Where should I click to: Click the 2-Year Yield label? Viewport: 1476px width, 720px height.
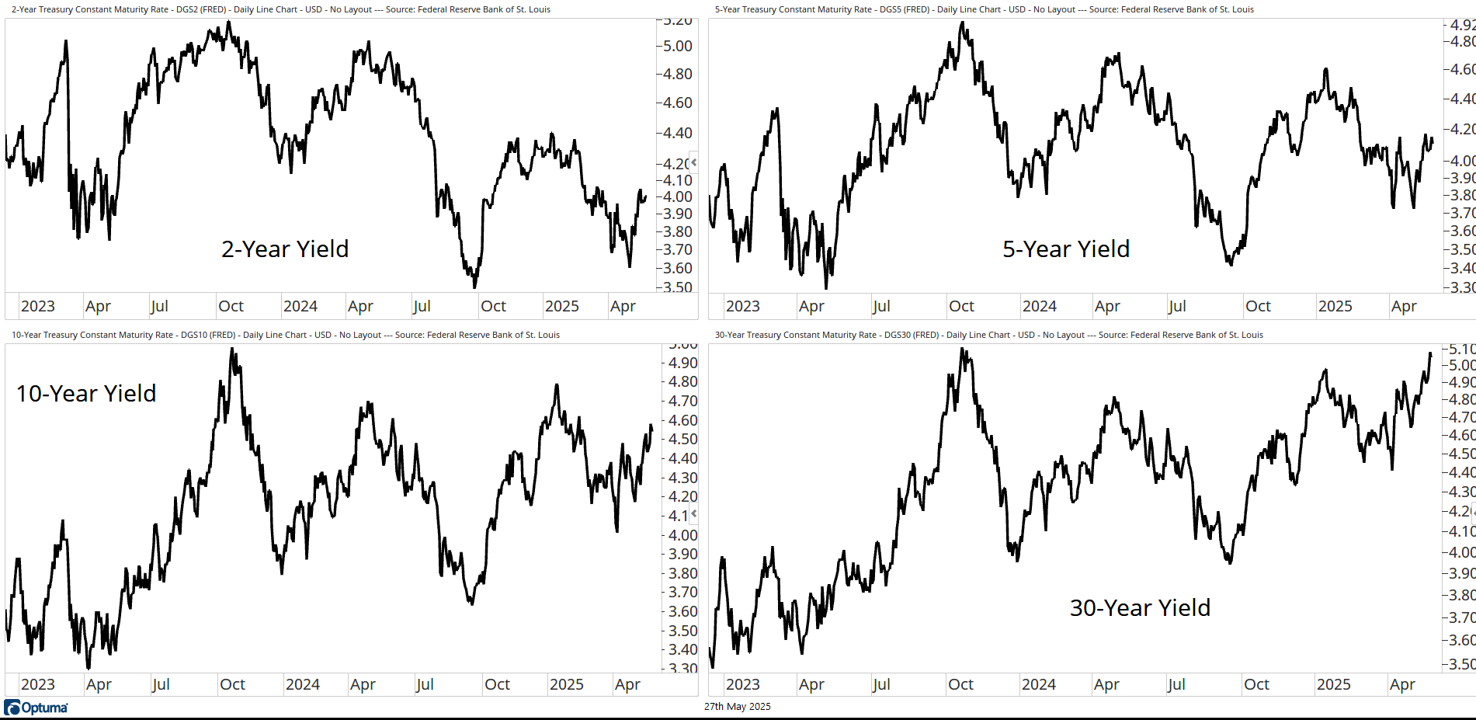pos(285,249)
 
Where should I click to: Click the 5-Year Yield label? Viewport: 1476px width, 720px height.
pos(1065,249)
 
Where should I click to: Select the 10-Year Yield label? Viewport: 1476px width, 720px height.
pos(86,394)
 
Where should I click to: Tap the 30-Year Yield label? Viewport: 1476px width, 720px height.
pos(1140,608)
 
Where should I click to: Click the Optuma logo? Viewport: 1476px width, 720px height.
pos(36,708)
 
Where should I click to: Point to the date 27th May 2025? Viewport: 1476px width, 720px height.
pos(737,707)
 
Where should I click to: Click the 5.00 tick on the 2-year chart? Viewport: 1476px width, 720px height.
pos(677,46)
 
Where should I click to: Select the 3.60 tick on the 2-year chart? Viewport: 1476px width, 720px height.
pos(677,268)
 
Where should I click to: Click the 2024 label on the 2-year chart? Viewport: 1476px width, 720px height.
pos(300,306)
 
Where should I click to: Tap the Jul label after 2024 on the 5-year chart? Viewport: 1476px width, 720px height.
pos(1177,306)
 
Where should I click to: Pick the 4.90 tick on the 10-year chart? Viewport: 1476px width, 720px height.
pos(682,363)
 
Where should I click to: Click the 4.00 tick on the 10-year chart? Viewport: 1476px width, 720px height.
pos(682,535)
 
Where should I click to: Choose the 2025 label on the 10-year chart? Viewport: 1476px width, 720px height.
pos(566,684)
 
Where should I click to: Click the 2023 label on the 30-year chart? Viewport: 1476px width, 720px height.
pos(742,684)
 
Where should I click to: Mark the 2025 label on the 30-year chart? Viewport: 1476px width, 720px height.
pos(1333,684)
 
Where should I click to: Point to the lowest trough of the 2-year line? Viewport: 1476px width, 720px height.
pos(474,286)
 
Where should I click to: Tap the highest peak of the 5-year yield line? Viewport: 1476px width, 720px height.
pos(962,23)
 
